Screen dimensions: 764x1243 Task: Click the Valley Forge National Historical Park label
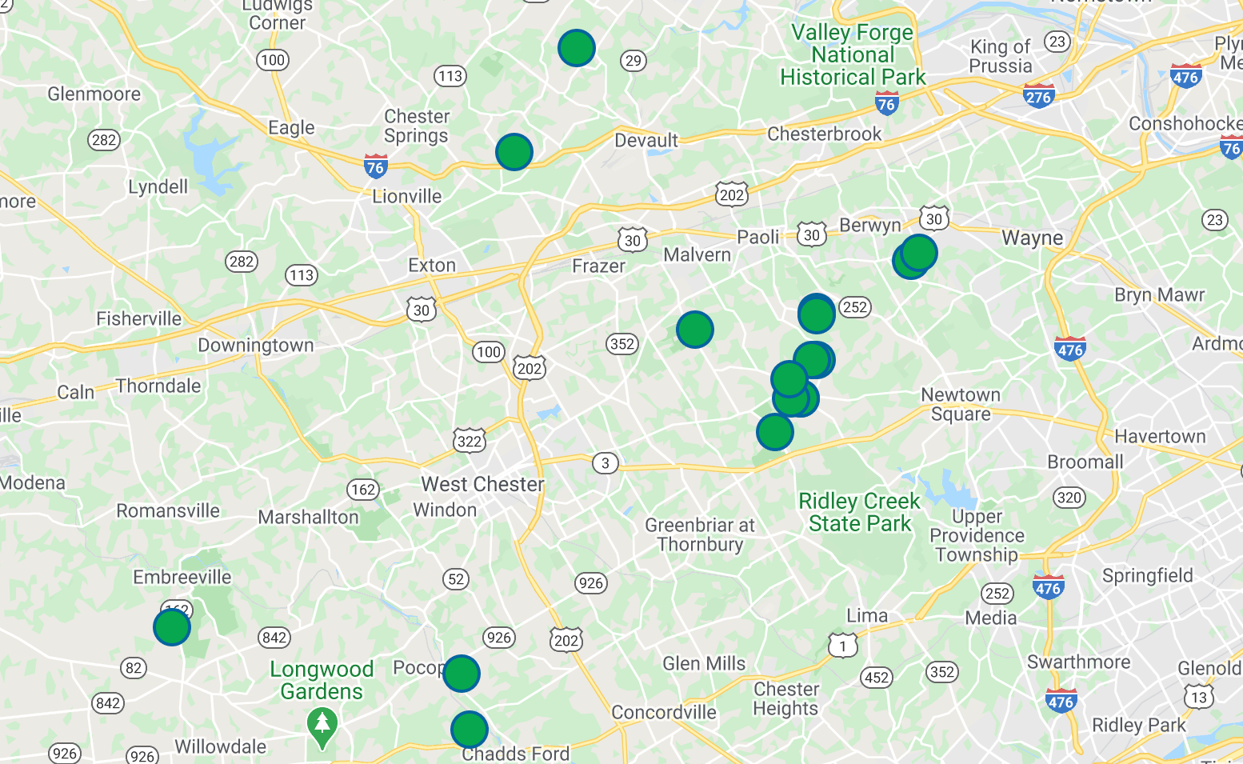pyautogui.click(x=853, y=54)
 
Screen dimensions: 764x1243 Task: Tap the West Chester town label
pyautogui.click(x=482, y=484)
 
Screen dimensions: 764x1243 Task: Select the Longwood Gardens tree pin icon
pyautogui.click(x=322, y=726)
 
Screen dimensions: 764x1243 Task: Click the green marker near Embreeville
pyautogui.click(x=172, y=626)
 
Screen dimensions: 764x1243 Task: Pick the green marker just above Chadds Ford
pyautogui.click(x=470, y=730)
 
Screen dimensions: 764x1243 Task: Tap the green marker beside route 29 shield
pyautogui.click(x=577, y=48)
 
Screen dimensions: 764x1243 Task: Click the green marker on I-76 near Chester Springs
pyautogui.click(x=514, y=151)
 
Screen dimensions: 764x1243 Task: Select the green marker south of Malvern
pyautogui.click(x=695, y=329)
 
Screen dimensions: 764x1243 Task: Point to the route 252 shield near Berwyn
pyautogui.click(x=855, y=307)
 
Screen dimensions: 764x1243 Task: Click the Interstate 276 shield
pyautogui.click(x=1038, y=97)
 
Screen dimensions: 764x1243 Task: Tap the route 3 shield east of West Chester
pyautogui.click(x=606, y=462)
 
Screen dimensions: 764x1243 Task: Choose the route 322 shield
pyautogui.click(x=470, y=441)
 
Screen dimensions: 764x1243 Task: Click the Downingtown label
pyautogui.click(x=256, y=346)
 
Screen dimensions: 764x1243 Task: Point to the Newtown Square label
pyautogui.click(x=961, y=404)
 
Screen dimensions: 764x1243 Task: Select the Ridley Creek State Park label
pyautogui.click(x=859, y=512)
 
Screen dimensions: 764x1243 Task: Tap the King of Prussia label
pyautogui.click(x=1001, y=56)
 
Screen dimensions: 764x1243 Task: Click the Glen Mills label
pyautogui.click(x=704, y=663)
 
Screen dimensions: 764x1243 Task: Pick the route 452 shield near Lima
pyautogui.click(x=877, y=678)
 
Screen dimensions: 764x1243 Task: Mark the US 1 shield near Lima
pyautogui.click(x=842, y=645)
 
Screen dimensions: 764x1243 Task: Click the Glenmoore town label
pyautogui.click(x=94, y=94)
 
